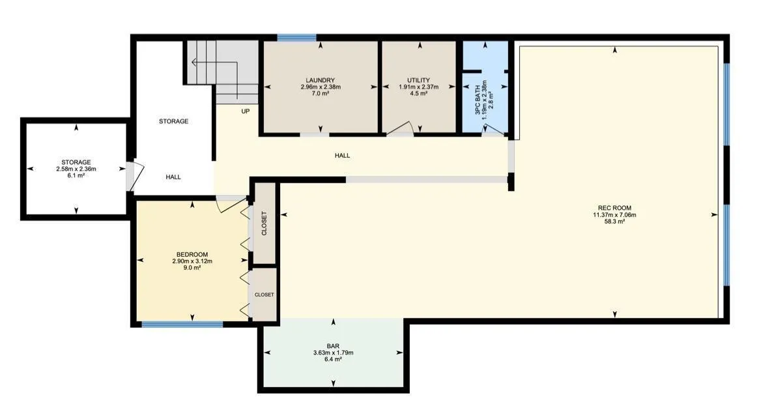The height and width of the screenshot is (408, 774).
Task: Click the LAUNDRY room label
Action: point(320,80)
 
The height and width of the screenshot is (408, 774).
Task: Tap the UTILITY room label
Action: point(418,80)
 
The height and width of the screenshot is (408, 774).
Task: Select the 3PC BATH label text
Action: point(478,100)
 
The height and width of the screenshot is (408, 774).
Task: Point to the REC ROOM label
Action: point(614,208)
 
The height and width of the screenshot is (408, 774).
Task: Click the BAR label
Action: point(333,346)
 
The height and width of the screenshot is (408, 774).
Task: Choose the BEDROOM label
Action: point(192,255)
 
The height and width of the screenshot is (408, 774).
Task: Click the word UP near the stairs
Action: point(246,111)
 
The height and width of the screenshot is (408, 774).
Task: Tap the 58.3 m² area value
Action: point(614,222)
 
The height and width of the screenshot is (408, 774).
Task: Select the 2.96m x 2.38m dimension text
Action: point(321,87)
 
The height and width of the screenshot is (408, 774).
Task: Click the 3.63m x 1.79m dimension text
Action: point(333,353)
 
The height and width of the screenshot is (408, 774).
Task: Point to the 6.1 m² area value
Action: point(76,175)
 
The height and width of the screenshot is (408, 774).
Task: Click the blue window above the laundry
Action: point(296,38)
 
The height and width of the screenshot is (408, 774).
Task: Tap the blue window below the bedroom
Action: point(182,324)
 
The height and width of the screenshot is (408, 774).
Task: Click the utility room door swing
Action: point(401,128)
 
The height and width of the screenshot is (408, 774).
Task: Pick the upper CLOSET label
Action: point(264,224)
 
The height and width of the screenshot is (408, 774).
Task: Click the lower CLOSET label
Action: point(264,295)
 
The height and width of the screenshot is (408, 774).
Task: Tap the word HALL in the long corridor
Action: point(342,156)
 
